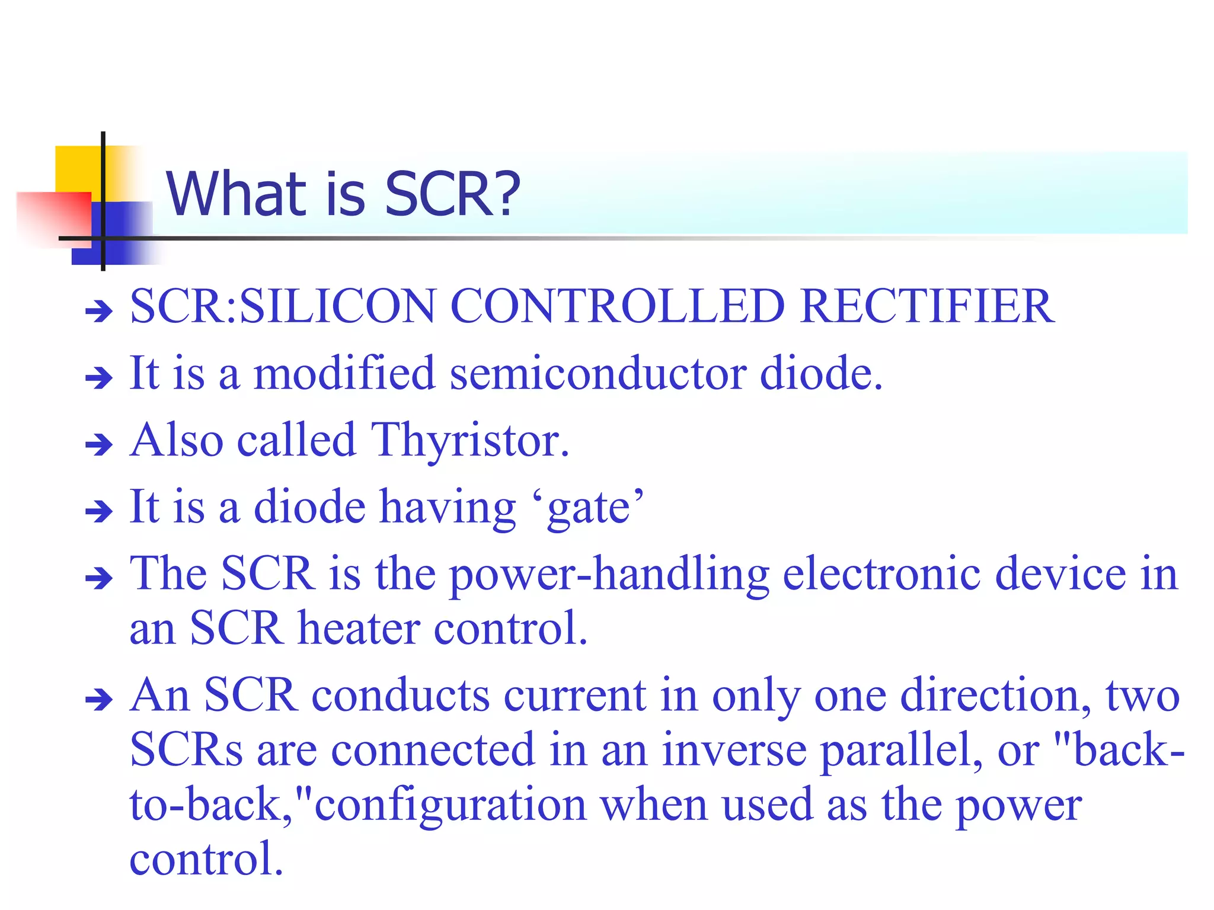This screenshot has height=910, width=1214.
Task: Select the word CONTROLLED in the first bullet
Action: click(x=617, y=306)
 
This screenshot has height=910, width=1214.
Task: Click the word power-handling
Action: click(x=609, y=575)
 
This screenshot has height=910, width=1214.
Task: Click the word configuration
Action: click(x=451, y=805)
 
